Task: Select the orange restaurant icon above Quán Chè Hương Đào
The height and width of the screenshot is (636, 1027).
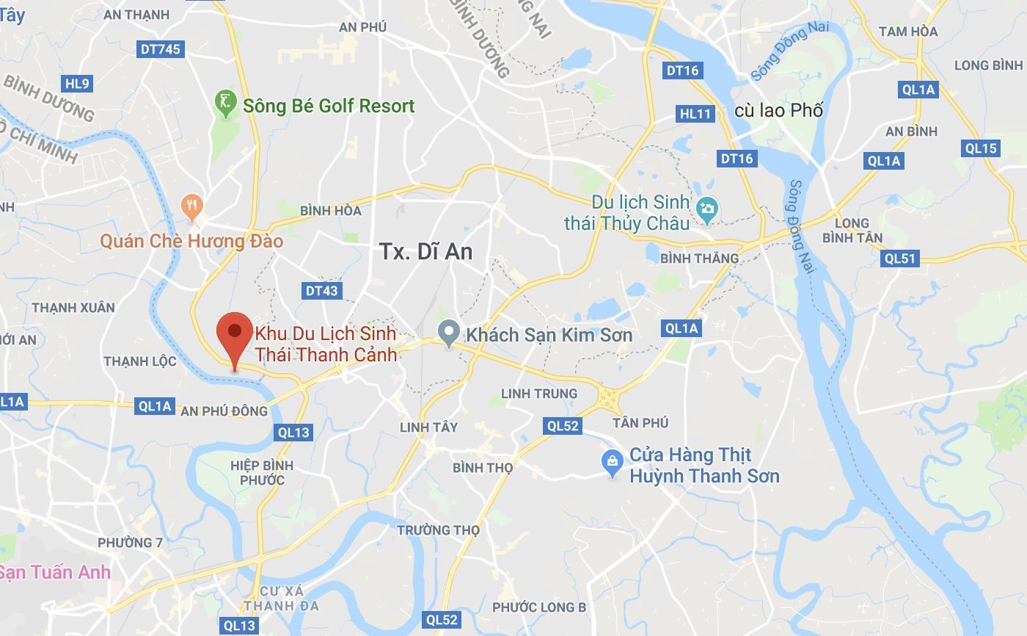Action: [x=192, y=206]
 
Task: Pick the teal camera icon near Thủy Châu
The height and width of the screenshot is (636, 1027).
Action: [x=707, y=209]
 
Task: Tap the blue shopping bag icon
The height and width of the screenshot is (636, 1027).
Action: [x=612, y=463]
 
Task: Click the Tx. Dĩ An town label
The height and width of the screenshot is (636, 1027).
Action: [x=425, y=252]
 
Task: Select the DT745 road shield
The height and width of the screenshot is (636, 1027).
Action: [x=159, y=49]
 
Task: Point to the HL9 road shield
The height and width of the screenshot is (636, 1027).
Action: [x=76, y=84]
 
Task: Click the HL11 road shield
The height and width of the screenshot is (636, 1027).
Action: [x=695, y=114]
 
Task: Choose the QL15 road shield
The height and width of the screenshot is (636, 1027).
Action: [x=980, y=148]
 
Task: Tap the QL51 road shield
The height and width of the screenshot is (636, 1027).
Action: [x=900, y=259]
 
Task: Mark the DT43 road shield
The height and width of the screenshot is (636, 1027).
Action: [x=321, y=291]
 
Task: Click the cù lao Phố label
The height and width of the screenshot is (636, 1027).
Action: [x=778, y=110]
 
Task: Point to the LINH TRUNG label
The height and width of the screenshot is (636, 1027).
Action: [x=538, y=394]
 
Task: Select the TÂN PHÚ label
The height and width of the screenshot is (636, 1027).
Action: [x=640, y=423]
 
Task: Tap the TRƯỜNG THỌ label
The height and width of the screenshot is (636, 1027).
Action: [x=438, y=530]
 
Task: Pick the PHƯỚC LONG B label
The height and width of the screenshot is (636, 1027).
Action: [x=538, y=607]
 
